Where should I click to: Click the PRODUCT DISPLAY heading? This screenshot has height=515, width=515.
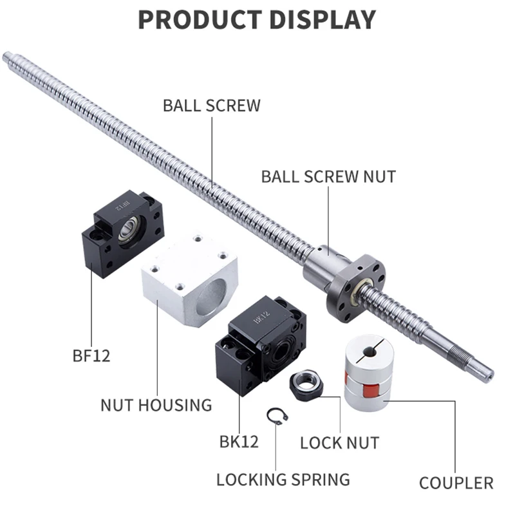[257, 20]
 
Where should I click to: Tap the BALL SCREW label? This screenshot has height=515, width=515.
[212, 106]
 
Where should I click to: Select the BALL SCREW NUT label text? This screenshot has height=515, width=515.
[328, 176]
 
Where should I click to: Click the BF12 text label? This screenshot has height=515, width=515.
[91, 356]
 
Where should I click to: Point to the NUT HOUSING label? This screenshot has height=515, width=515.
[156, 406]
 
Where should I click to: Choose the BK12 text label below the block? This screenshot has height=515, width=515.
[239, 442]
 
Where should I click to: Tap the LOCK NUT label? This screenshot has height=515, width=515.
[340, 443]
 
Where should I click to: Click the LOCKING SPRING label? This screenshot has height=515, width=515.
[283, 480]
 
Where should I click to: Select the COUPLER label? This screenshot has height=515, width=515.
[456, 483]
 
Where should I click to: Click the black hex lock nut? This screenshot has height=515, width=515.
[306, 385]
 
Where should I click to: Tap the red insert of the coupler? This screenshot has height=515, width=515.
[368, 388]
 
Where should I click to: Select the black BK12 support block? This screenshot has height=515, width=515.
[261, 345]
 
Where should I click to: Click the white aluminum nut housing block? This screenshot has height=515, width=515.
[189, 279]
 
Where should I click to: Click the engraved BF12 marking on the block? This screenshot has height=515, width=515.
[122, 207]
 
